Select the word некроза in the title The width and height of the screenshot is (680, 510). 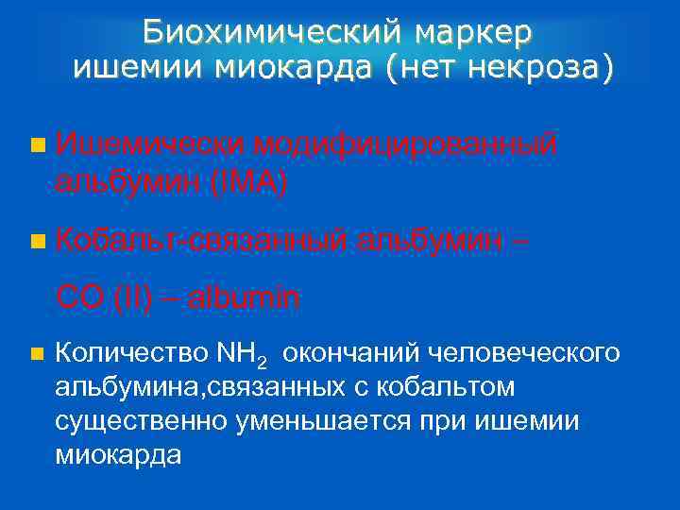tap(545, 68)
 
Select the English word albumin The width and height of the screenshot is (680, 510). tap(245, 298)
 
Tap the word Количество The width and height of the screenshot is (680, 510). tap(131, 353)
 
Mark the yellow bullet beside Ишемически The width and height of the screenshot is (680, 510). tap(37, 145)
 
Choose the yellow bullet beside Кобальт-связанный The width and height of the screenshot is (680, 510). tap(37, 242)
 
